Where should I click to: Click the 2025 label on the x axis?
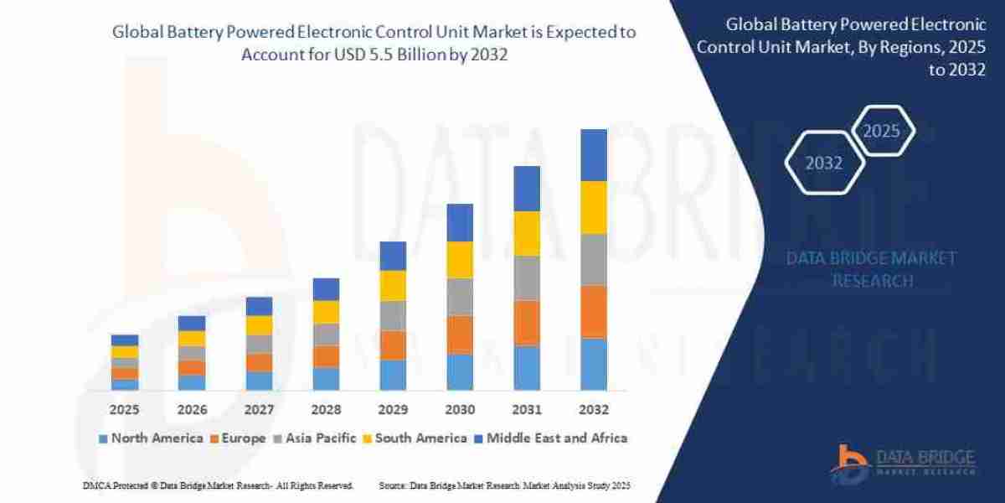[x=124, y=410]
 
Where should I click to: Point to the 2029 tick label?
[x=392, y=410]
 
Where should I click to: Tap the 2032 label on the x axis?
[x=593, y=410]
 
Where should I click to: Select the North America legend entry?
[x=151, y=438]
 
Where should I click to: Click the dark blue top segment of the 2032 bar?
[x=593, y=155]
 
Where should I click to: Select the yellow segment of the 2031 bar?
[x=526, y=233]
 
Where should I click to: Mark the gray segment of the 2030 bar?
[x=460, y=297]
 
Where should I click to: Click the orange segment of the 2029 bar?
[x=393, y=345]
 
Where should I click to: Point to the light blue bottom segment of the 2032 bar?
[x=593, y=364]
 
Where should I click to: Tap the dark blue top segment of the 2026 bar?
[x=192, y=323]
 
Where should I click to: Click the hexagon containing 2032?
[x=824, y=163]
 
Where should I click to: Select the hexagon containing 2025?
[x=881, y=131]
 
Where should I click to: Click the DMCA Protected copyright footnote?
[x=218, y=486]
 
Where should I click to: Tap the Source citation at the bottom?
[x=504, y=486]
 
